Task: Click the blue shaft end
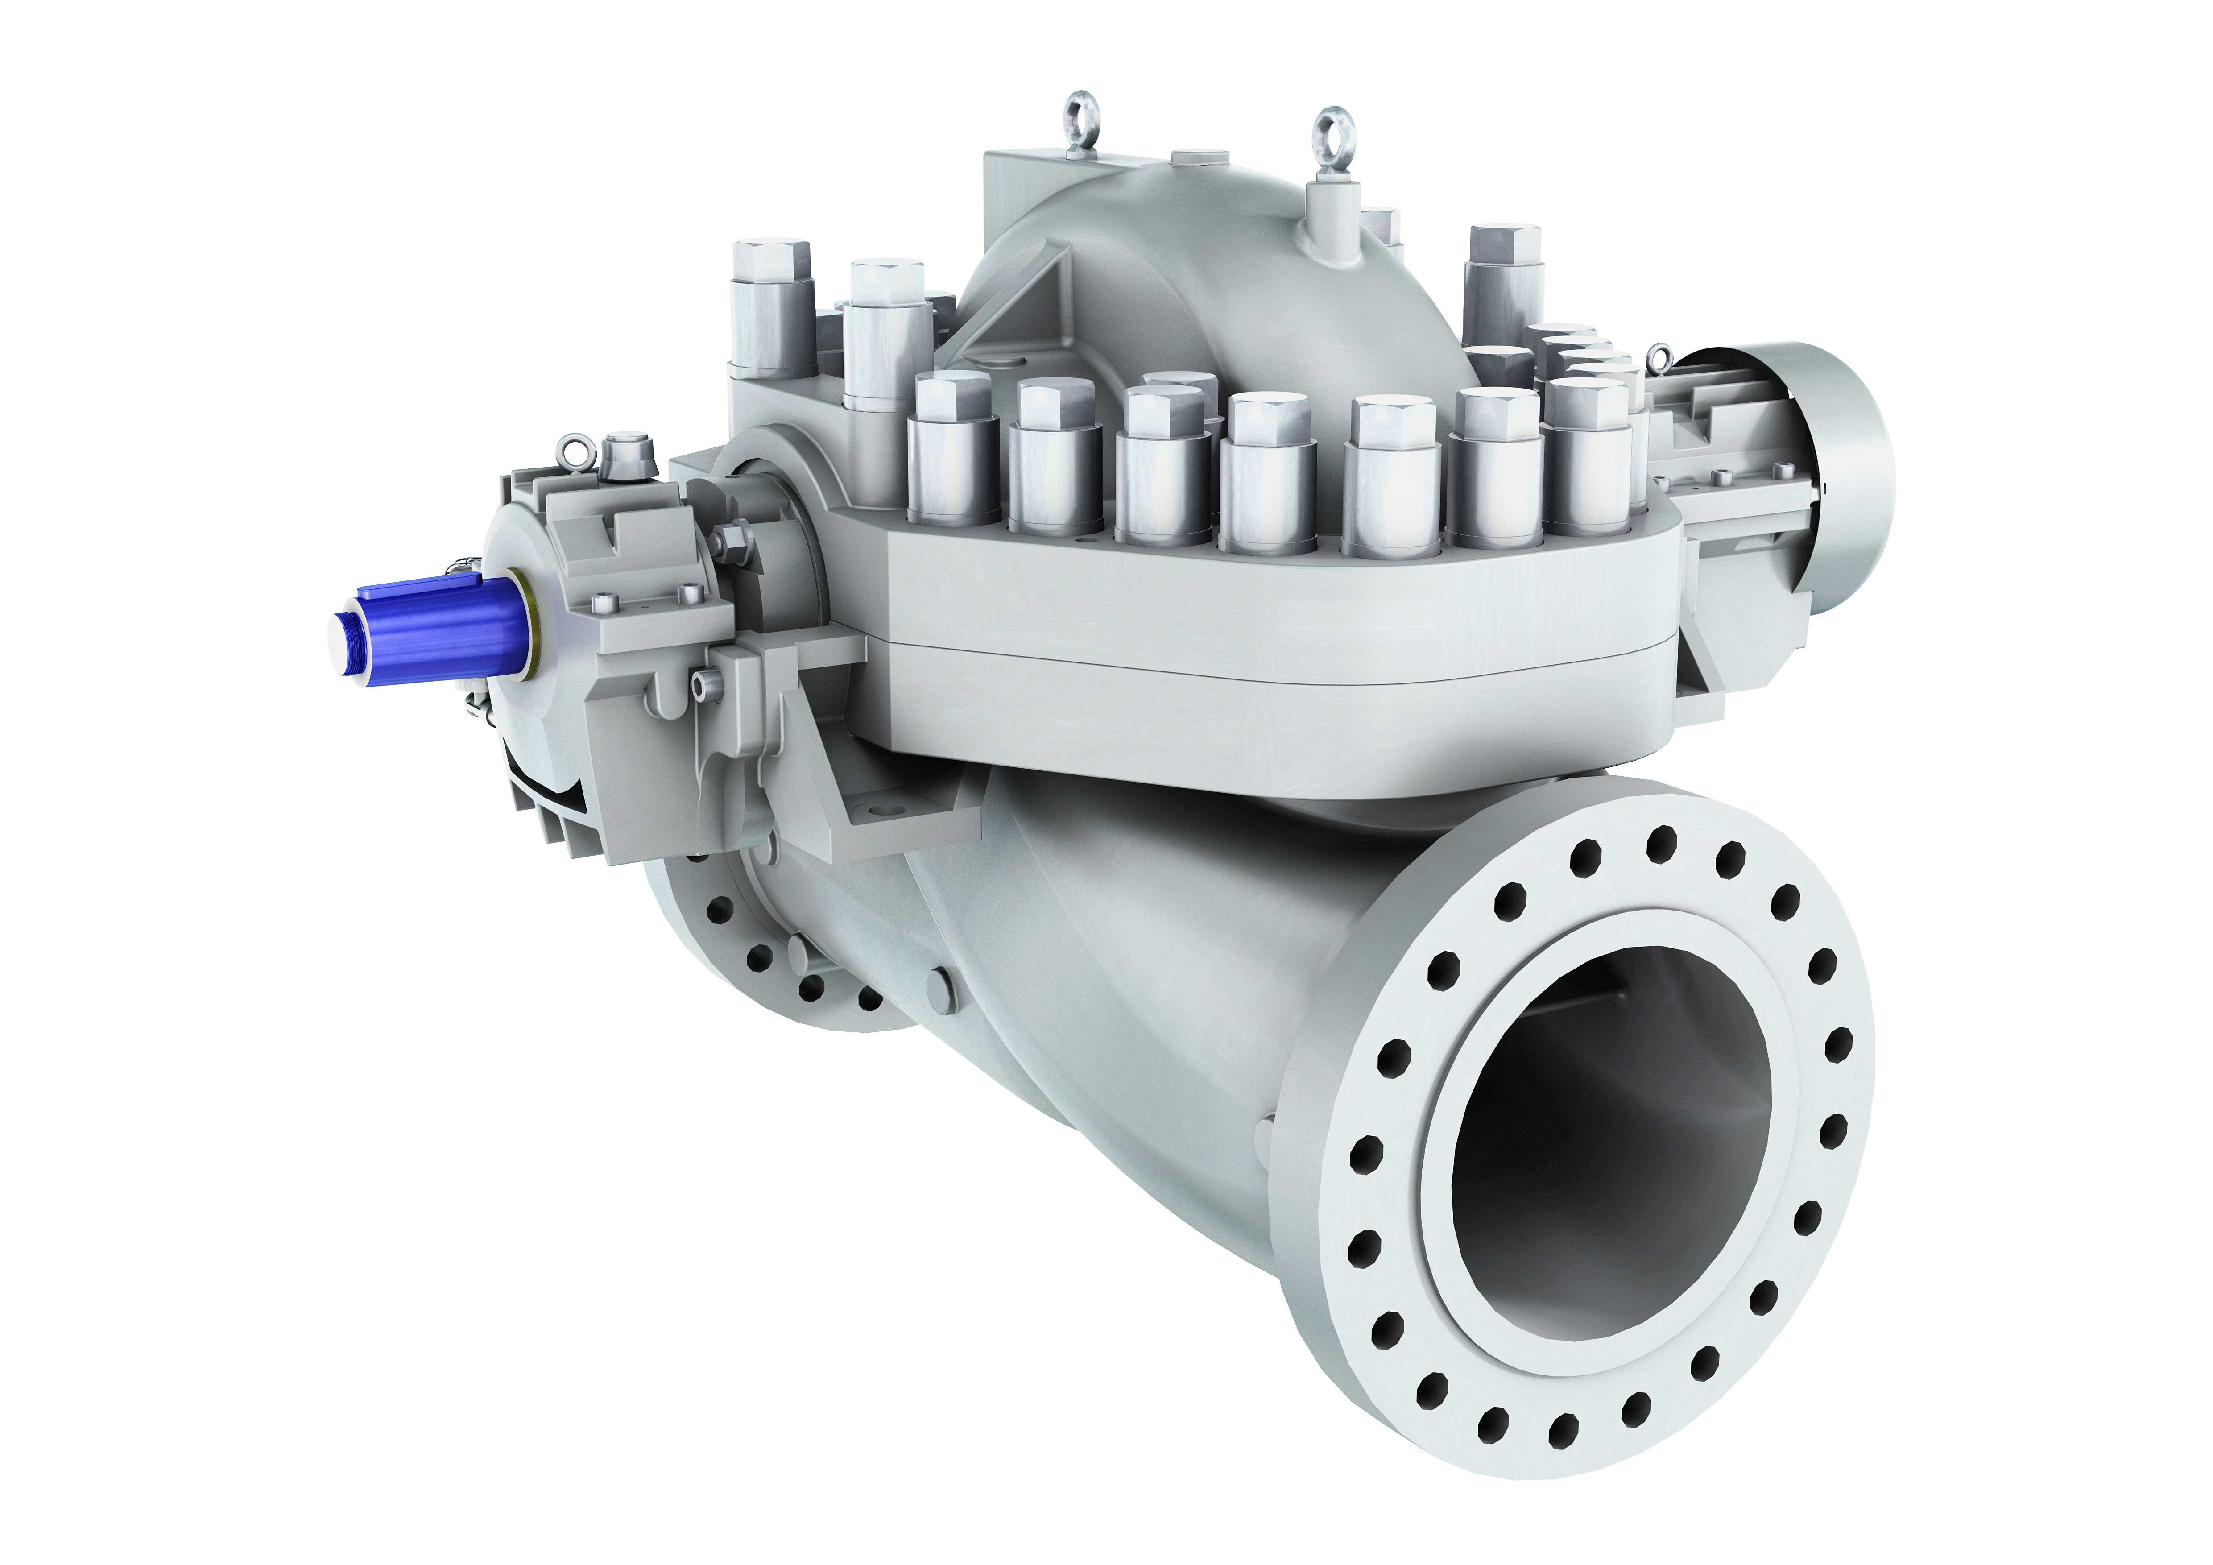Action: coord(434,626)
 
